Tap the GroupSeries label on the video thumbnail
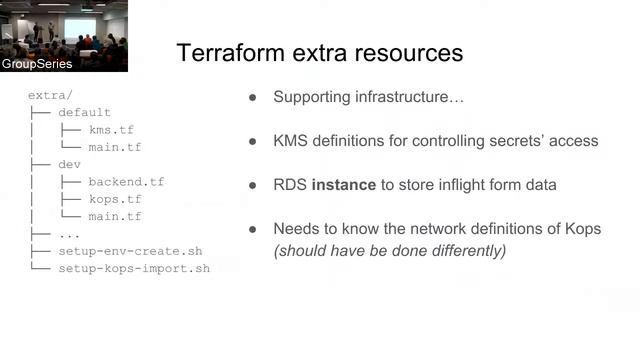37,64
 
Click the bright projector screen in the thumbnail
79,28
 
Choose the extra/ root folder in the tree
50,96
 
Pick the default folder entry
84,113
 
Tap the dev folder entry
69,165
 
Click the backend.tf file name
126,182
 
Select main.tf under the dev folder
114,216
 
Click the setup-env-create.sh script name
130,251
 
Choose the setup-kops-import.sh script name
134,268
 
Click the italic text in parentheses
390,250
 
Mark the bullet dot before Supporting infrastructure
253,98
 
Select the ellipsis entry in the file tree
69,234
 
